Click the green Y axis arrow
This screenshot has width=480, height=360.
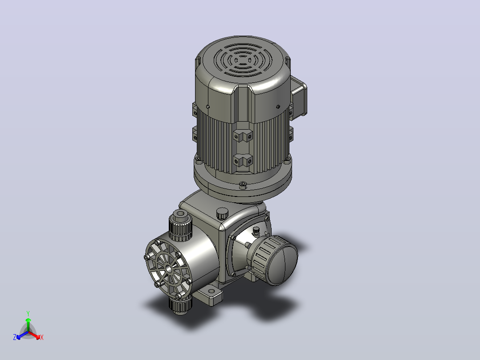28,324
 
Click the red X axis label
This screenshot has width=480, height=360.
42,337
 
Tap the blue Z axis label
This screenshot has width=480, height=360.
15,337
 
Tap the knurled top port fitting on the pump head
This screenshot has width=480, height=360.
180,225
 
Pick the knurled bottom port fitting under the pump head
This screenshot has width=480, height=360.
180,306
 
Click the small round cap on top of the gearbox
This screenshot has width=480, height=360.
223,213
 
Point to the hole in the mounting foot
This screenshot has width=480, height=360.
211,291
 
